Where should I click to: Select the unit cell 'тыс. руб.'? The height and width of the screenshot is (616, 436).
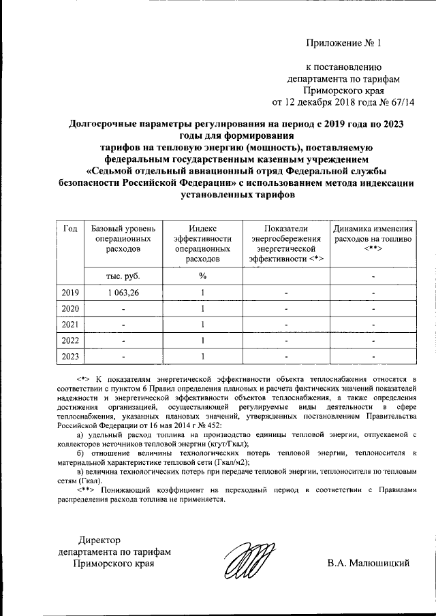[123, 276]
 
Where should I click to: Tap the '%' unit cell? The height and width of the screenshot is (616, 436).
[202, 276]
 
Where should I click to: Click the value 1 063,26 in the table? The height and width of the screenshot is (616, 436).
[123, 293]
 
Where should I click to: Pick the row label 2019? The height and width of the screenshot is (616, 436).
[69, 293]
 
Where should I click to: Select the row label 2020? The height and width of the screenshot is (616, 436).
[69, 308]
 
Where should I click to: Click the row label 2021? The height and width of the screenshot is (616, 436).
[69, 324]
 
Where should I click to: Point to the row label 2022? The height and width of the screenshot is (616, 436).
[69, 340]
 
